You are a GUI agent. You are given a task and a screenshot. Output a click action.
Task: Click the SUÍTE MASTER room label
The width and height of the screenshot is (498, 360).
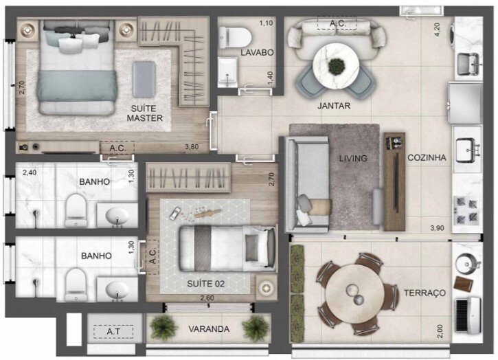145,113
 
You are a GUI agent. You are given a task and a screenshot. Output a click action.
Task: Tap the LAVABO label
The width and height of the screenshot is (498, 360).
258,53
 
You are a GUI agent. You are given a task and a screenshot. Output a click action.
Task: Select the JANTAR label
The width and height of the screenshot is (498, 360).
335,106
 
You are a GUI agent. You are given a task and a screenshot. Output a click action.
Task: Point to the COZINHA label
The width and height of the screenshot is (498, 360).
427,157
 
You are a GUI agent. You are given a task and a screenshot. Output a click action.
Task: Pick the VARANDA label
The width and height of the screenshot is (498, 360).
209,329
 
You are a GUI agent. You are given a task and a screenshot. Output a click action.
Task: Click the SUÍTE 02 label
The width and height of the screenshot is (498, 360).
206,283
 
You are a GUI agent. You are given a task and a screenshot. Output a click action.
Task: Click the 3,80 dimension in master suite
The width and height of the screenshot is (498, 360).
194,146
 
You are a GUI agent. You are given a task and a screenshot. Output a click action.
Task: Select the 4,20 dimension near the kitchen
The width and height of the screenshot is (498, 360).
435,30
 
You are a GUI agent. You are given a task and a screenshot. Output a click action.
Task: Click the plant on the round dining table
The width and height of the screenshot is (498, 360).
336,66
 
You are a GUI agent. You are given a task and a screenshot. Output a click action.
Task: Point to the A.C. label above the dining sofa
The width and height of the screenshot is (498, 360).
337,23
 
